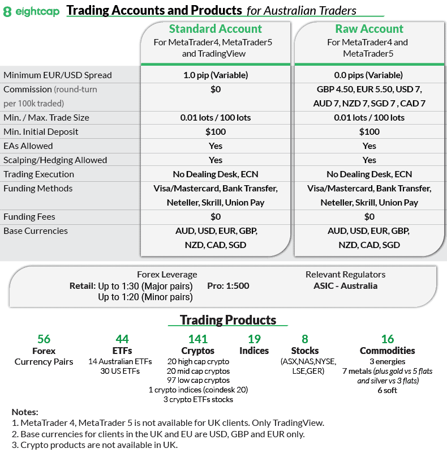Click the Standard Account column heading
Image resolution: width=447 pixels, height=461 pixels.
(x=215, y=29)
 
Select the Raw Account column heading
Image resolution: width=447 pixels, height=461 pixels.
(x=369, y=29)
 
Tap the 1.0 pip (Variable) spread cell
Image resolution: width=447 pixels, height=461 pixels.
(x=215, y=75)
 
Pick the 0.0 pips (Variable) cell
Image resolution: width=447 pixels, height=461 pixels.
(x=369, y=75)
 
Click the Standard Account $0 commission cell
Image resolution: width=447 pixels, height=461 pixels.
(x=215, y=89)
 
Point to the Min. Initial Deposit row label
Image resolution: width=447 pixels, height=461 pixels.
(x=41, y=132)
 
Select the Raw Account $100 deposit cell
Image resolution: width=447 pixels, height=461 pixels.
(x=369, y=132)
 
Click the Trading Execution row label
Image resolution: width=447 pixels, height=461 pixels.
(x=38, y=174)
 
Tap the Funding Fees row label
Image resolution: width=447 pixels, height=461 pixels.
(x=29, y=217)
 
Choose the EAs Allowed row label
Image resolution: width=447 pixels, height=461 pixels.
(x=28, y=146)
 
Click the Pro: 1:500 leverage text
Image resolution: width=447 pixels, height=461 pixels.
(x=228, y=286)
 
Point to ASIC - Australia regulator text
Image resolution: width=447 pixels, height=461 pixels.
(x=345, y=286)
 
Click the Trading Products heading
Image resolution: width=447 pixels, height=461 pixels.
(x=228, y=320)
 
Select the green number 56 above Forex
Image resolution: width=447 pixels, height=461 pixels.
(x=44, y=339)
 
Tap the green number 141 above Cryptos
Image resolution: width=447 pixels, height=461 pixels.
(x=197, y=339)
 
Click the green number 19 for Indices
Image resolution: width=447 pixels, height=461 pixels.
(x=254, y=339)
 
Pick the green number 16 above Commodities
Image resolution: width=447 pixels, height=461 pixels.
(x=387, y=339)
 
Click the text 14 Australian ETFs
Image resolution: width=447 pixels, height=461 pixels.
(x=120, y=361)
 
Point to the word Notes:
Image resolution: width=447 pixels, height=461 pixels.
(x=25, y=412)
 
